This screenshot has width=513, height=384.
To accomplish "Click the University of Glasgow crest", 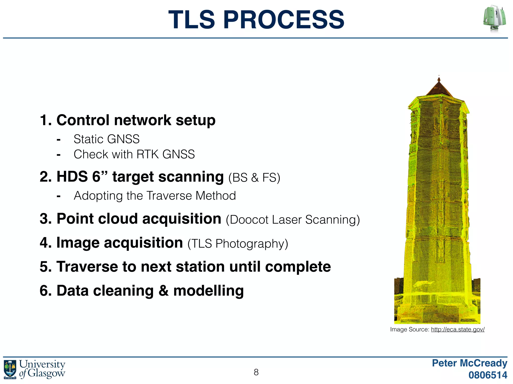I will tap(10, 369).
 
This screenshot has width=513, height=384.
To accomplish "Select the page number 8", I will tap(256, 372).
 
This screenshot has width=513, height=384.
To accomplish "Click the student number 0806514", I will tap(488, 375).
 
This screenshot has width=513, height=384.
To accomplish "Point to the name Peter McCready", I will tap(469, 363).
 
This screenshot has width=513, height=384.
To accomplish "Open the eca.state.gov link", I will tap(458, 329).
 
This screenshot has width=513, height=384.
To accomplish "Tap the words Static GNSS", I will tap(106, 139).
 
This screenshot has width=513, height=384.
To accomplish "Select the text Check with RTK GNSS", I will tap(134, 154).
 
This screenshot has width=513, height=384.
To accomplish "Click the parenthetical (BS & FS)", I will tap(254, 178).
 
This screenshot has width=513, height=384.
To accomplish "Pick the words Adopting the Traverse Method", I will tap(155, 196).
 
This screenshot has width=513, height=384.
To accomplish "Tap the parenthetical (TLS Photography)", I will tap(238, 244).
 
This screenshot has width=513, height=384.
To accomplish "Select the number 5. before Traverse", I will tap(46, 267).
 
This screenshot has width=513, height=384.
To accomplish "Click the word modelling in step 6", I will tap(208, 291).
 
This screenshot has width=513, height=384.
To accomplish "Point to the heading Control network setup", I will tap(136, 120).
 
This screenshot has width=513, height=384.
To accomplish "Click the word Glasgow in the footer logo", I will tap(46, 373).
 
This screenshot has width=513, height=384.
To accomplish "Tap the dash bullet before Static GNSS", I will tap(59, 140).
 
